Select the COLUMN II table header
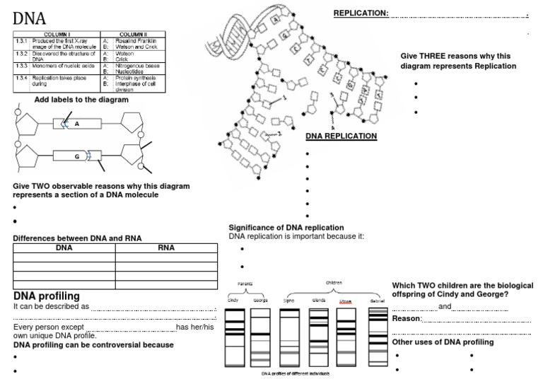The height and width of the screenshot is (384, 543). [132, 34]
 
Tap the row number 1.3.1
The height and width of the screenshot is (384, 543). [21, 40]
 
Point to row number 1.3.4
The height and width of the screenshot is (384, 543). [21, 77]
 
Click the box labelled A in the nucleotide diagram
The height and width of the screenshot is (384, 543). [76, 124]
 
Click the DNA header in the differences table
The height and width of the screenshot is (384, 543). [64, 248]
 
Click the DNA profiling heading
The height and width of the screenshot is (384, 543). [47, 296]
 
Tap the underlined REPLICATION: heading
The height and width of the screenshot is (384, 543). [361, 13]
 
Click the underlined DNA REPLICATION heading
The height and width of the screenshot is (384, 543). [341, 136]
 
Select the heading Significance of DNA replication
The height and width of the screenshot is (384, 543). [286, 227]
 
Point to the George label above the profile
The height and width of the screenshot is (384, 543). [260, 301]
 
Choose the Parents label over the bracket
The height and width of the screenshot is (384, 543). [245, 283]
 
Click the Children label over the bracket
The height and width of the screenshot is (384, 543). [334, 282]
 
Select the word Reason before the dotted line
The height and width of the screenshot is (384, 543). [407, 319]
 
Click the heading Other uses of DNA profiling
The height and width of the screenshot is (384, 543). [443, 342]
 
